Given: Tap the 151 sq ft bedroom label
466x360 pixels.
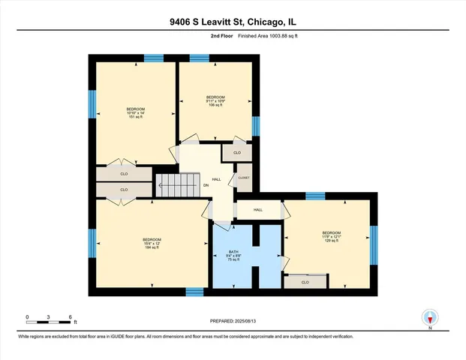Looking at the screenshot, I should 136,112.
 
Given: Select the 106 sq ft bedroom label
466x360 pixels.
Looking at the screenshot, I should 216,101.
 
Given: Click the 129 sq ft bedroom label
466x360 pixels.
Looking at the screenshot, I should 332,236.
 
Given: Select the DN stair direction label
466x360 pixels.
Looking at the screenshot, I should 205,185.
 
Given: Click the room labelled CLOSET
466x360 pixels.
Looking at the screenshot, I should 244,179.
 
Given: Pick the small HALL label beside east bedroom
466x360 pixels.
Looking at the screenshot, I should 257,210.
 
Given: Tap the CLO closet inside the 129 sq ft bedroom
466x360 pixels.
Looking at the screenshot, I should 305,282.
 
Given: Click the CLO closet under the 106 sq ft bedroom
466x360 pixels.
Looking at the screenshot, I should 237,152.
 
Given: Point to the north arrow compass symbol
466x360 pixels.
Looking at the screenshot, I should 430,317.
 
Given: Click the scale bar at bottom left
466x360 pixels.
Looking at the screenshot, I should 48,321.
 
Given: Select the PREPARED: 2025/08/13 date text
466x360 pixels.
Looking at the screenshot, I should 233,320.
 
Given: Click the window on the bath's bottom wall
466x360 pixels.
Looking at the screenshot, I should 195,292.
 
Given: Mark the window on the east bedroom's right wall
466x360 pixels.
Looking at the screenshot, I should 374,240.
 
